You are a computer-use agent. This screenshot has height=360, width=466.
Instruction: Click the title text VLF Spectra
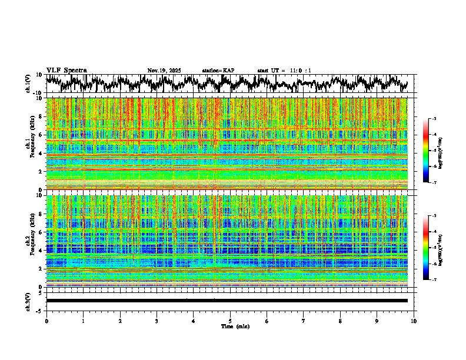[x=66, y=70]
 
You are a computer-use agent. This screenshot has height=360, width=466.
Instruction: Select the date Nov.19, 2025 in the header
[x=164, y=71]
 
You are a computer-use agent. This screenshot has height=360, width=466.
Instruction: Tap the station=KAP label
[x=218, y=71]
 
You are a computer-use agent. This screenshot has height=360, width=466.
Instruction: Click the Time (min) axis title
[x=235, y=326]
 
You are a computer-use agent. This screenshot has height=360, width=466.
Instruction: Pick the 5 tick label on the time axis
[x=230, y=321]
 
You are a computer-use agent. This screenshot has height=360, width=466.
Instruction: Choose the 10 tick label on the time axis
[x=414, y=321]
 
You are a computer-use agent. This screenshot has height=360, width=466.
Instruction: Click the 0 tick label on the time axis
[x=46, y=321]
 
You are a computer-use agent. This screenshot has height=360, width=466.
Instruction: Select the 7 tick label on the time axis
[x=304, y=321]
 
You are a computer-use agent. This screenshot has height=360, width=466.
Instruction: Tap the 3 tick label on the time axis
[x=157, y=321]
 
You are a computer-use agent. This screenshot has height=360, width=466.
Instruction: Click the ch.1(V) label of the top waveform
[x=28, y=84]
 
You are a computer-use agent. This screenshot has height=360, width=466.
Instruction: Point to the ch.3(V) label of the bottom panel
[x=28, y=301]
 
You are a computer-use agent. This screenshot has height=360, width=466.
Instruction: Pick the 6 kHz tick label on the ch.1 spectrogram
[x=41, y=135]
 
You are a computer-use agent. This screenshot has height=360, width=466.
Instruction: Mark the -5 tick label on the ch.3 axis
[x=39, y=309]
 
